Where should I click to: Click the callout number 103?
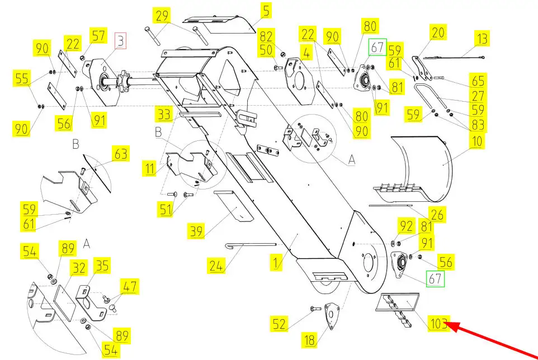[440, 323]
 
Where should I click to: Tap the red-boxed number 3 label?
[121, 40]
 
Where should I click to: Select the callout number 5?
[266, 10]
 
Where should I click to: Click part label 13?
[482, 39]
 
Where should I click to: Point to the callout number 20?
[438, 33]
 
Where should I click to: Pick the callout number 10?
[476, 140]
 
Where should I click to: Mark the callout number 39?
[196, 230]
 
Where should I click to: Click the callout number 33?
[164, 115]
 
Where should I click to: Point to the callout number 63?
[121, 153]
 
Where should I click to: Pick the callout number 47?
[130, 288]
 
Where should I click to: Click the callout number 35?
[101, 266]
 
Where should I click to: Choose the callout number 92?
[406, 226]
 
